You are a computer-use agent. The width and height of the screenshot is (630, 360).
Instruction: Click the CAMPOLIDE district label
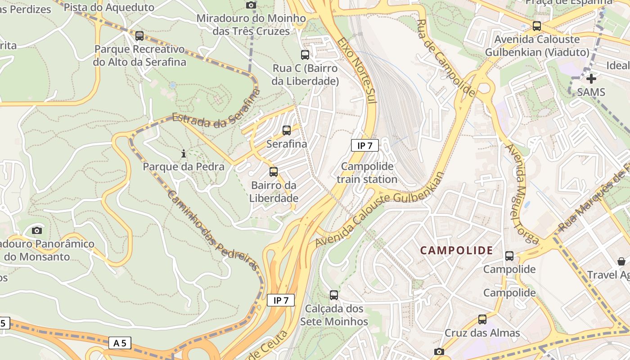click(x=457, y=251)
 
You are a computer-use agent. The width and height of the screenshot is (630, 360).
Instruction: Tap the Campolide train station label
click(x=367, y=173)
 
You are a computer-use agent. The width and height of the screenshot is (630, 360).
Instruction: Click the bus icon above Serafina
click(x=287, y=130)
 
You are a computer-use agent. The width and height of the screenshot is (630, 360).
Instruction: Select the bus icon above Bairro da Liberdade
click(x=274, y=171)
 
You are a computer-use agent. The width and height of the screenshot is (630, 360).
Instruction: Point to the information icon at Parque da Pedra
click(x=183, y=154)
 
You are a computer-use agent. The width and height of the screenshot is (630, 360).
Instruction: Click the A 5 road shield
click(x=120, y=343)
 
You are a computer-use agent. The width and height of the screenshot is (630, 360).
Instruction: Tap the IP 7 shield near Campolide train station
click(x=364, y=145)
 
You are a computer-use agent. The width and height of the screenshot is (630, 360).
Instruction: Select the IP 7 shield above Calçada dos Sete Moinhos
click(x=281, y=300)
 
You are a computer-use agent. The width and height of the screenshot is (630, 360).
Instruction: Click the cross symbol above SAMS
click(x=591, y=79)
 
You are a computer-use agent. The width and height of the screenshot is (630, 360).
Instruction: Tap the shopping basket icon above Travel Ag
click(x=621, y=261)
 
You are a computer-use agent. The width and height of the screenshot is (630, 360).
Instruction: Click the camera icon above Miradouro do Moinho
click(x=251, y=5)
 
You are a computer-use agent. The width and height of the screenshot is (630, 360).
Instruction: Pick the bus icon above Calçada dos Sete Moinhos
click(x=334, y=295)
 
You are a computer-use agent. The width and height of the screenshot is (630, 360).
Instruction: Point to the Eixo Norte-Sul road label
click(x=357, y=70)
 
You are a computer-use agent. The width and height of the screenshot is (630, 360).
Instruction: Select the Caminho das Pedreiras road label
click(x=214, y=230)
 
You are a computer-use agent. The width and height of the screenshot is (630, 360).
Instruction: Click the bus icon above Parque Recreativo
click(x=139, y=36)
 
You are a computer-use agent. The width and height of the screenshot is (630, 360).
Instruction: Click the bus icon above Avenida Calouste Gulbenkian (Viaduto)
click(x=536, y=26)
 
